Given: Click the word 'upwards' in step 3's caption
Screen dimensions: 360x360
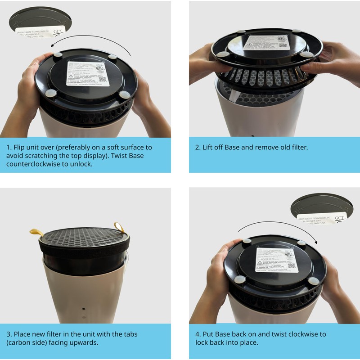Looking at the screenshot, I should pos(85,342).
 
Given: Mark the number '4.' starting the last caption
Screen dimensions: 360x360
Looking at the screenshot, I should pos(198,334).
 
